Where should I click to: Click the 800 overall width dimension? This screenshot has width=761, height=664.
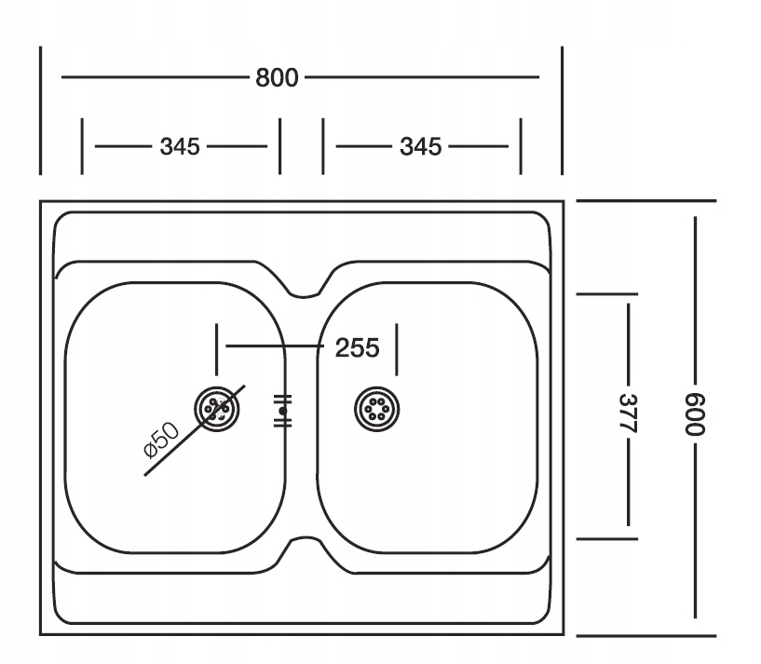pos(277,77)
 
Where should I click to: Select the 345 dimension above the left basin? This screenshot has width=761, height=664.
pos(180,146)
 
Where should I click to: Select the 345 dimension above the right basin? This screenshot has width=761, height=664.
pos(421,146)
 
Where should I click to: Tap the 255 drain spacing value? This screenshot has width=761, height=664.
pos(357,348)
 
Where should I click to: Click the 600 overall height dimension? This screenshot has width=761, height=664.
pos(695,414)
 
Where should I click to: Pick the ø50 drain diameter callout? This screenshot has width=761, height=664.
pos(162,440)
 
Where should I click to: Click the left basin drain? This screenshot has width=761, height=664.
pos(217,409)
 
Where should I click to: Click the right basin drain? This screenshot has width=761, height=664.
pos(377,409)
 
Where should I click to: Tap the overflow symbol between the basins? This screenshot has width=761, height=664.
pos(283,411)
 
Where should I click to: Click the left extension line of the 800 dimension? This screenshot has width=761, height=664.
pos(41,111)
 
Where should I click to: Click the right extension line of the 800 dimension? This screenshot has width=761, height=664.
pos(563,111)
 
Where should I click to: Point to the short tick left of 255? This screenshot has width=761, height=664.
pos(217,349)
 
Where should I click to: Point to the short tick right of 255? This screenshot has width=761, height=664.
pos(397,349)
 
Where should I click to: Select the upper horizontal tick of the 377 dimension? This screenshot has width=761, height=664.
pos(607,294)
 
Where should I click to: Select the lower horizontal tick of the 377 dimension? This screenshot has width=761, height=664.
pos(607,539)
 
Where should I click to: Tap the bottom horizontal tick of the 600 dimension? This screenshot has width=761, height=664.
pos(646,635)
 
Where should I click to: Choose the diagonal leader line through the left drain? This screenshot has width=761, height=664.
pos(195,430)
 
